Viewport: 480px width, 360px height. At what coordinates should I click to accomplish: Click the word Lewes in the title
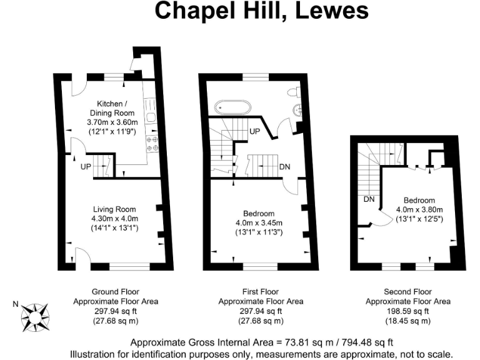click(x=332, y=11)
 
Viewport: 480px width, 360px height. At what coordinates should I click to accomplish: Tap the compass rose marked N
click(x=35, y=314)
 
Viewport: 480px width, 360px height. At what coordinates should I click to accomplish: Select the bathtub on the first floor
click(x=233, y=107)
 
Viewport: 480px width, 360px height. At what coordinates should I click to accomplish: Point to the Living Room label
click(x=114, y=209)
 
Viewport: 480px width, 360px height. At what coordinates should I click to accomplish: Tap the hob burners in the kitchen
click(x=152, y=145)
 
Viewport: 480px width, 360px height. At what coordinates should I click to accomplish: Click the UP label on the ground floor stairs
click(x=86, y=167)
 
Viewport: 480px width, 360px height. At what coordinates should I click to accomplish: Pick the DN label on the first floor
click(x=284, y=167)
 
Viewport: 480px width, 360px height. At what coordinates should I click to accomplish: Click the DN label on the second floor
click(x=369, y=199)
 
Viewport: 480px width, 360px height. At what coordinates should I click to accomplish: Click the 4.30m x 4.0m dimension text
click(x=114, y=218)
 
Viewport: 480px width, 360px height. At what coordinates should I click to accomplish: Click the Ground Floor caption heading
click(x=116, y=292)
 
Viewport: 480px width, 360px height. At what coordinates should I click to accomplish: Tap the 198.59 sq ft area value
click(x=408, y=311)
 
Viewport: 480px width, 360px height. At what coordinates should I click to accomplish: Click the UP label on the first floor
click(x=254, y=131)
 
